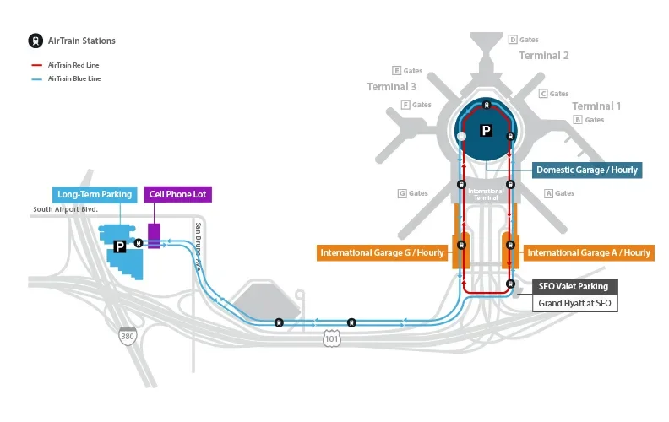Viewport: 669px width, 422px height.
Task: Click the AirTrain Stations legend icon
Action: [35, 41]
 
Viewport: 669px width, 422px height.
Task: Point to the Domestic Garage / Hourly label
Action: [586, 170]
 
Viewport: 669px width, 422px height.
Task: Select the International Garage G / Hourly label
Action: [382, 252]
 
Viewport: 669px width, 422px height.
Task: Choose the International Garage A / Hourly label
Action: [589, 252]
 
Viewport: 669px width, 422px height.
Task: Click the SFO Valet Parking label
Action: [574, 286]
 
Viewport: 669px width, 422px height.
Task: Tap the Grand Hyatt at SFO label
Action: [574, 303]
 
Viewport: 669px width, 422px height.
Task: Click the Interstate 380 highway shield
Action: [127, 335]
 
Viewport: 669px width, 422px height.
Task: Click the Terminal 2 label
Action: [544, 56]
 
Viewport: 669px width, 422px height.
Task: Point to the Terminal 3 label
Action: [392, 87]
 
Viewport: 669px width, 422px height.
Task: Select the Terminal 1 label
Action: [596, 106]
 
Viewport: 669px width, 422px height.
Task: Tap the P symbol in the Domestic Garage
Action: [486, 131]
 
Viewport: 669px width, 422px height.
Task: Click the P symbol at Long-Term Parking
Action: [120, 246]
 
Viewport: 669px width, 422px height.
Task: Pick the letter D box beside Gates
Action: [512, 40]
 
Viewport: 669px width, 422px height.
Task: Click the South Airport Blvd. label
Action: [66, 209]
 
